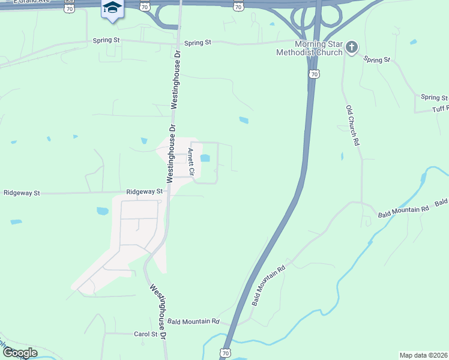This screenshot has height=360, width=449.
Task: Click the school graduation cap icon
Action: pos(112,8)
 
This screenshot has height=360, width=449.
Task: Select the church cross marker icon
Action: pos(352,46)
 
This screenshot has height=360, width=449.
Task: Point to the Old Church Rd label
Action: pos(352,126)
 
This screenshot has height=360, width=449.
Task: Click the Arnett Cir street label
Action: pos(191,162)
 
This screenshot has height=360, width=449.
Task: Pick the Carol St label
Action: pos(145,334)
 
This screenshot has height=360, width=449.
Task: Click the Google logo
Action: pos(19,353)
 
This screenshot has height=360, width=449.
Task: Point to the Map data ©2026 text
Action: pos(423,355)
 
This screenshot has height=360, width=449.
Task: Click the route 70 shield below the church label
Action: pos(313,74)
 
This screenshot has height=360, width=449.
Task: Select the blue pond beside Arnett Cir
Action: pos(205,159)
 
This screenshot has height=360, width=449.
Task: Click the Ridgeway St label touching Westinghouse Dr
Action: pos(145,191)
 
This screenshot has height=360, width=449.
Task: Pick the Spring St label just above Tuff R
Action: pos(434,97)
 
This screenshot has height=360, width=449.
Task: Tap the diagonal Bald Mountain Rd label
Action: pos(267,285)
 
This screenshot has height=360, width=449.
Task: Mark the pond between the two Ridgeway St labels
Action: pos(102,211)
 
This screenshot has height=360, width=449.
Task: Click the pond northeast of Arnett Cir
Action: pos(243,120)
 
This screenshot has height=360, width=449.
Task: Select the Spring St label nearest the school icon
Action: pos(106,41)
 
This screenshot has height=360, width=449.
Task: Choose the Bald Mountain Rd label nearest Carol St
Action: pos(194,322)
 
